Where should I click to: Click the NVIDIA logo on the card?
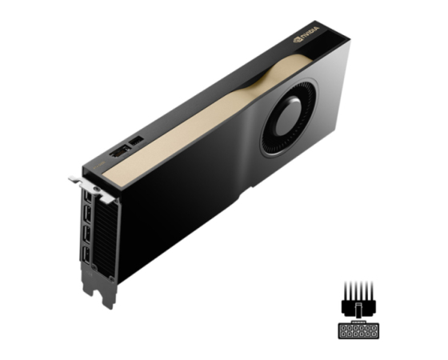tap(306, 34)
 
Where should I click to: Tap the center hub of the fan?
tap(286, 117)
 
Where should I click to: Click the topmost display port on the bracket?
tap(88, 196)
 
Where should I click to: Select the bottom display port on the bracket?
tap(86, 255)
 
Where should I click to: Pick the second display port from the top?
tap(88, 214)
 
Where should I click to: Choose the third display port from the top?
tap(87, 235)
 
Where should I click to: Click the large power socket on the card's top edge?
tap(120, 151)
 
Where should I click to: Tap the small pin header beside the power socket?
tap(136, 140)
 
